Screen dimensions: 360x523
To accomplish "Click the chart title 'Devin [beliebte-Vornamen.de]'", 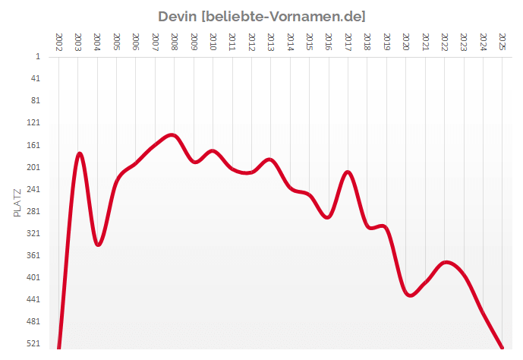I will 261,16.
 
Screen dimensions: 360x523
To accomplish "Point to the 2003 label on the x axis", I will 78,42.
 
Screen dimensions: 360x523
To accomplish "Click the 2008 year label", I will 175,42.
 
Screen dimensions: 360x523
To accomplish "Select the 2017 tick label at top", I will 348,42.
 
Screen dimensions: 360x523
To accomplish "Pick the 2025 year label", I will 502,42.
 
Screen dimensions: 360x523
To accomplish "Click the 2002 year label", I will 59,42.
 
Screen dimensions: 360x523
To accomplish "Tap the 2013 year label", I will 271,42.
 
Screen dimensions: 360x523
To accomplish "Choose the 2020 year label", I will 405,42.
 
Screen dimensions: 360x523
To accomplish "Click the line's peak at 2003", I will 79,153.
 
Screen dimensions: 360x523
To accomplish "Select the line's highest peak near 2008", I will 172,135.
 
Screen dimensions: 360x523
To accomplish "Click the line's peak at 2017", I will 348,172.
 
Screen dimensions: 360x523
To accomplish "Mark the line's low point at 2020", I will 410,295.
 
